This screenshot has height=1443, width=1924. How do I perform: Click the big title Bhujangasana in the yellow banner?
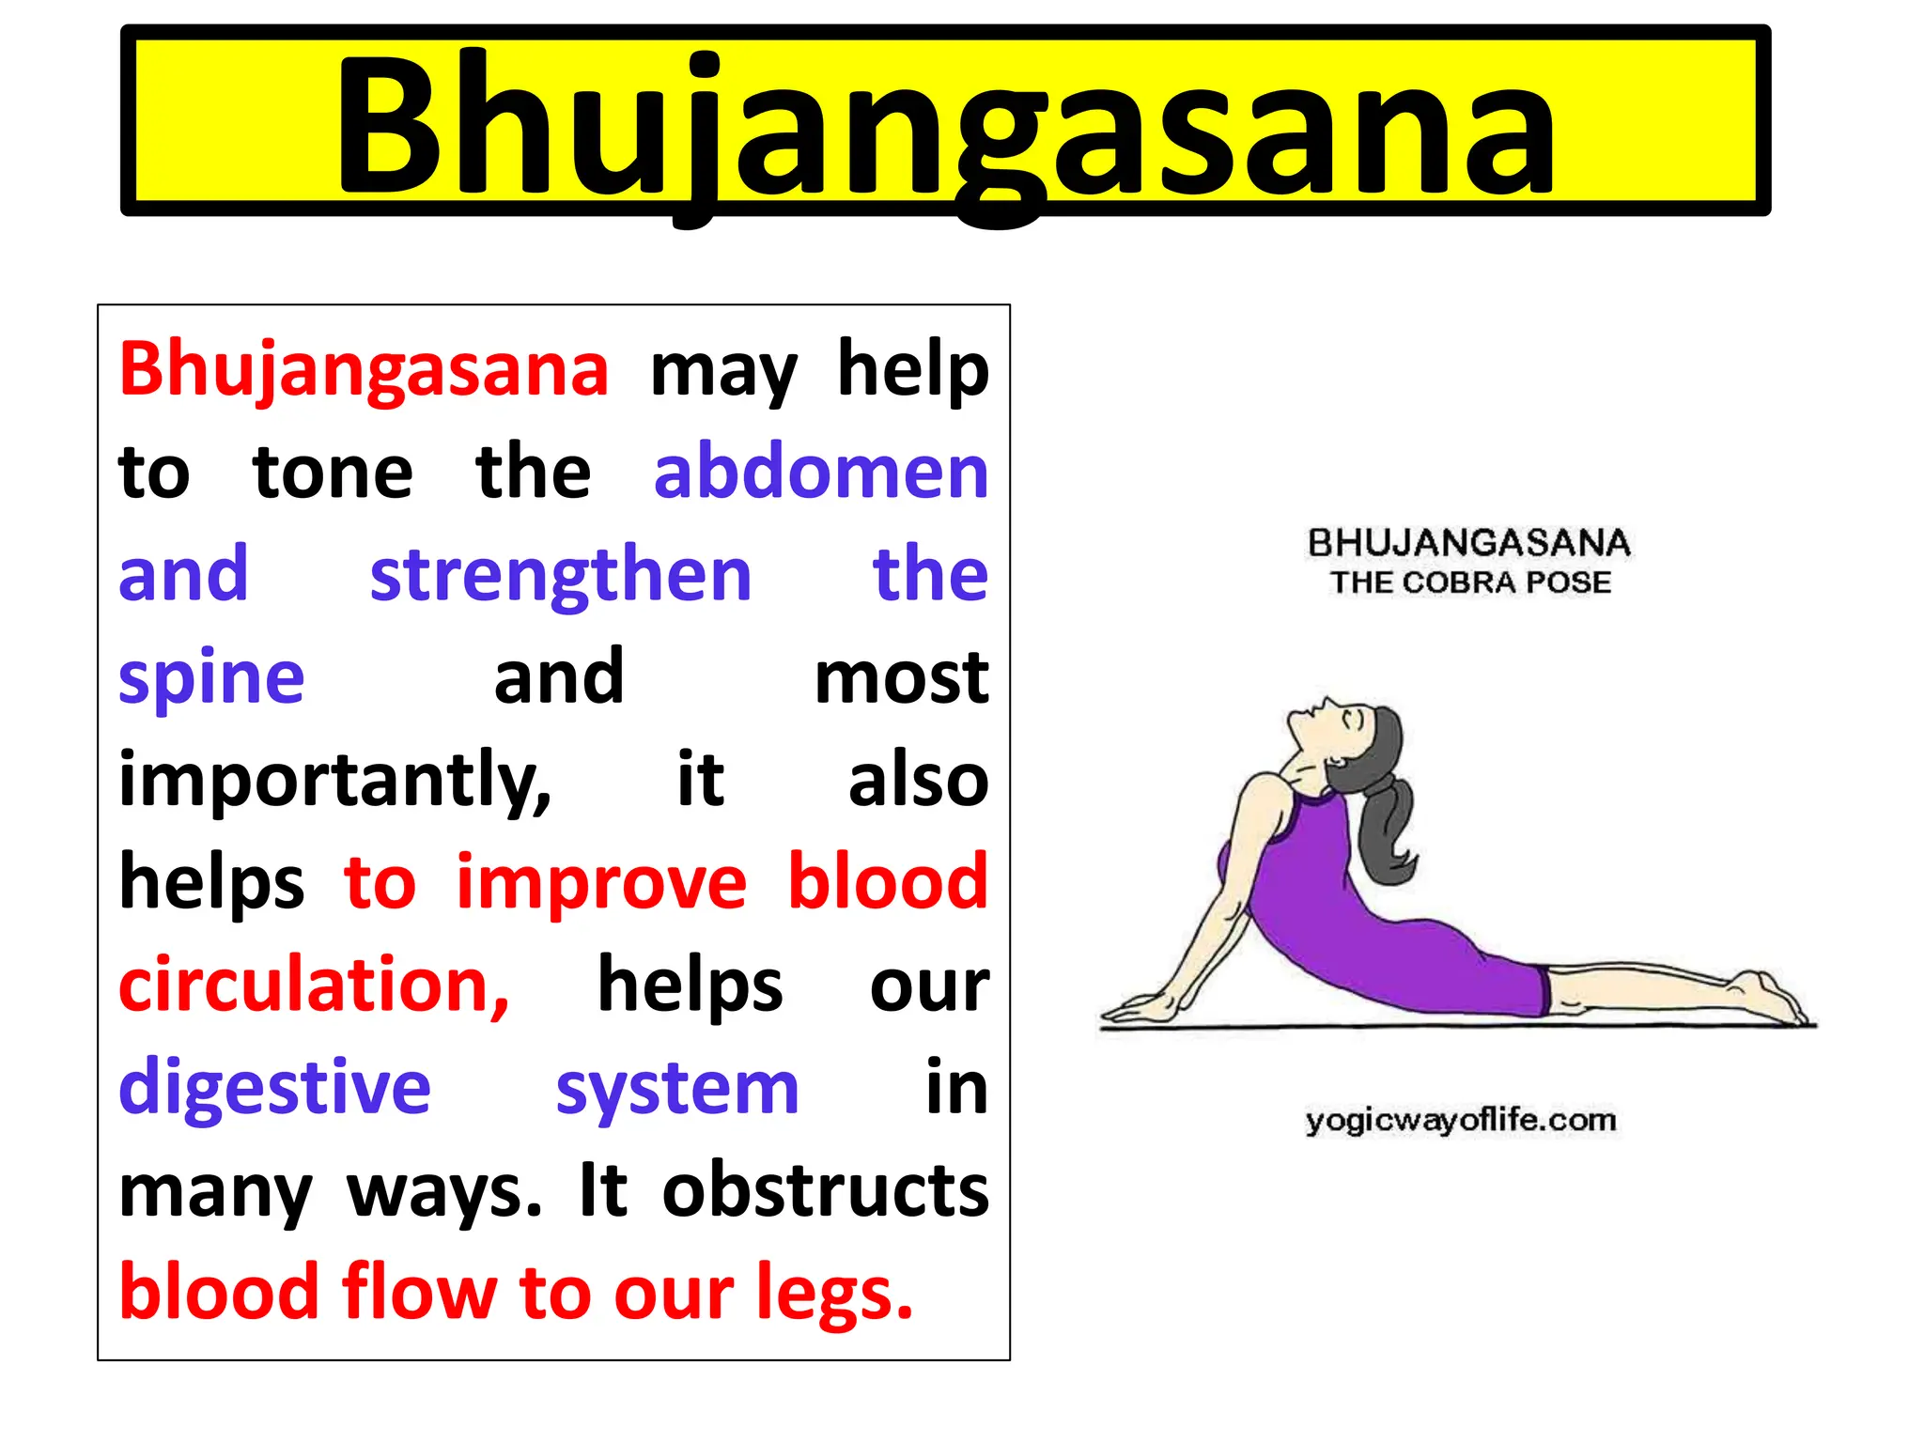(944, 127)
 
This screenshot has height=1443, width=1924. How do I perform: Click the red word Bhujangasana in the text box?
(364, 369)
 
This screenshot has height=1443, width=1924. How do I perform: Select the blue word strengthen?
(561, 574)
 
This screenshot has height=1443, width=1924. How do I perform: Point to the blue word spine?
(211, 677)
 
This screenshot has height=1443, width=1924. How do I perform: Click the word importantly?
(334, 780)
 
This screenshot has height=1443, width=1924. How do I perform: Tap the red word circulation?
(313, 985)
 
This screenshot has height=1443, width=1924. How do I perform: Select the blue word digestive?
(274, 1087)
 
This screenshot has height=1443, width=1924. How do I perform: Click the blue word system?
(676, 1087)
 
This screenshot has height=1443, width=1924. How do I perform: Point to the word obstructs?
(825, 1190)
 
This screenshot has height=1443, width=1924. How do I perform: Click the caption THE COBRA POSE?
(1470, 582)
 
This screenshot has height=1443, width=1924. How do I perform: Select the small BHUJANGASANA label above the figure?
(1469, 543)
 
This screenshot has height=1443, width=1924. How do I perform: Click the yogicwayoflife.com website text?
(1461, 1120)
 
